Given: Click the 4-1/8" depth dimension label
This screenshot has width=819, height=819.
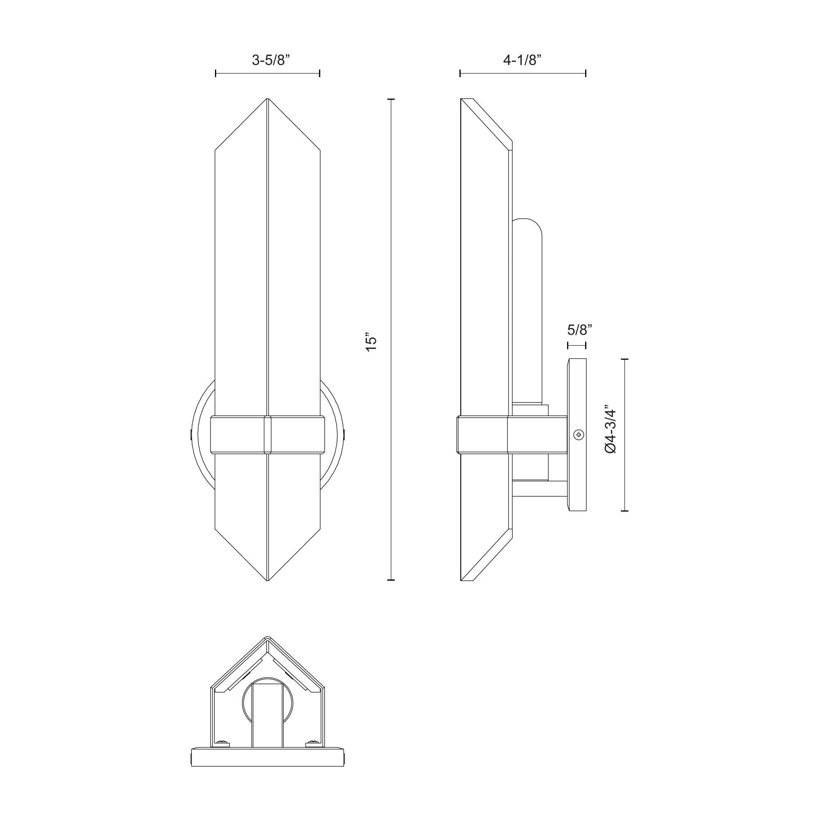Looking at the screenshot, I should (x=522, y=60).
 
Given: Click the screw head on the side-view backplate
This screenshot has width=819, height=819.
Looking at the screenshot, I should (x=579, y=434).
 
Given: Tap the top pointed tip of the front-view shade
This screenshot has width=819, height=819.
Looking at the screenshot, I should (x=267, y=100).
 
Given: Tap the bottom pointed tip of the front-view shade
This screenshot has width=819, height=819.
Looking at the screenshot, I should (x=267, y=579).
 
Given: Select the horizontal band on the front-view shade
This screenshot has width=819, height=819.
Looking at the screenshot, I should (x=267, y=435).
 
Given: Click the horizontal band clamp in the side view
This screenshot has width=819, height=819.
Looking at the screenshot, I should (x=483, y=435).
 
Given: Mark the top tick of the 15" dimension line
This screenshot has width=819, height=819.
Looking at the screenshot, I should (x=391, y=99).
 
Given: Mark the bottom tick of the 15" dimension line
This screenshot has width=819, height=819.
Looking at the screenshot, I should (x=391, y=579).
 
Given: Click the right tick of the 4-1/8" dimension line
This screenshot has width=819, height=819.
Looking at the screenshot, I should (x=586, y=73).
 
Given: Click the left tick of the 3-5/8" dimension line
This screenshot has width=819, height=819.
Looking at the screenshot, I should (x=216, y=73).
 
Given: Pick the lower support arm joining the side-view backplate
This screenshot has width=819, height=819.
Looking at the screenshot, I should (x=540, y=489).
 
